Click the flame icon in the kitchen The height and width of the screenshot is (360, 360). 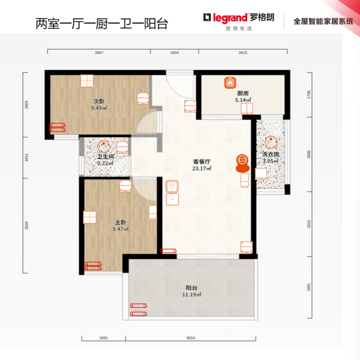tap(230, 83)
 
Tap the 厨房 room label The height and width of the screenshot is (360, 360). tap(243, 93)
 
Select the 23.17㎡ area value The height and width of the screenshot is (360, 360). tap(202, 168)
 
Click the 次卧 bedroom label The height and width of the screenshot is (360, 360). tap(99, 101)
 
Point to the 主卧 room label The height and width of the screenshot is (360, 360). tap(120, 222)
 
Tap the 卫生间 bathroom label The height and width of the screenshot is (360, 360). tap(106, 157)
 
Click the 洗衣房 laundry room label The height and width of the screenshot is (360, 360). tap(271, 154)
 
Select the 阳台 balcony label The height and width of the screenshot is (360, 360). tap(192, 288)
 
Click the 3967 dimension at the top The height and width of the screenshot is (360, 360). tap(99, 53)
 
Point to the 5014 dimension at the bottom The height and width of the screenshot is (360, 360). tap(191, 338)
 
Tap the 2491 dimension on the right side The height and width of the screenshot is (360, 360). tap(309, 287)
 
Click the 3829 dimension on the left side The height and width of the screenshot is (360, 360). tap(27, 226)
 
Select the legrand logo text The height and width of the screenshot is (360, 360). tap(230, 18)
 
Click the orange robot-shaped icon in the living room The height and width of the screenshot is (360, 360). tap(242, 163)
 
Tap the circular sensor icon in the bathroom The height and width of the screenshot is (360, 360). tap(104, 146)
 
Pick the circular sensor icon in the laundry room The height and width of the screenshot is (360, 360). tap(271, 142)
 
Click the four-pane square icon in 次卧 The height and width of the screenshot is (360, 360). tap(87, 81)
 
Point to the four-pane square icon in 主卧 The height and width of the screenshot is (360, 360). tap(90, 217)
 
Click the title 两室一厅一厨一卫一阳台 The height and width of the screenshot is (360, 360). tap(102, 23)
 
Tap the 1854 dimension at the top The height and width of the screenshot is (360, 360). tap(174, 53)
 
